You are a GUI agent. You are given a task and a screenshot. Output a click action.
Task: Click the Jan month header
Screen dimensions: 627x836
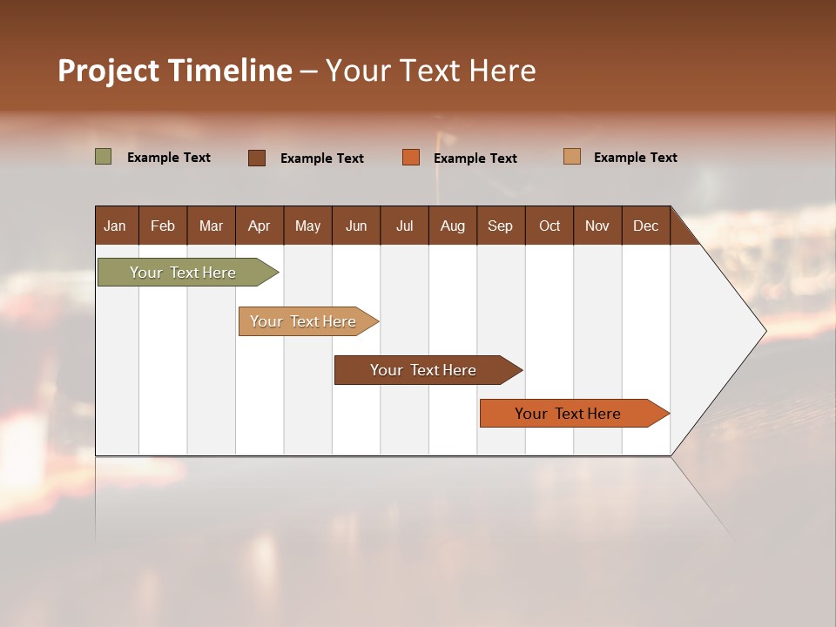pyautogui.click(x=115, y=226)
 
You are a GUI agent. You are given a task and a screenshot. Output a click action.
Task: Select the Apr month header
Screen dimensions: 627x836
pyautogui.click(x=259, y=226)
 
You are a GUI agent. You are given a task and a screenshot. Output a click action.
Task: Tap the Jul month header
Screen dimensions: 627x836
pyautogui.click(x=404, y=226)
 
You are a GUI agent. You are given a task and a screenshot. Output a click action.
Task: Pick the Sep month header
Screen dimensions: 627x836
pyautogui.click(x=500, y=226)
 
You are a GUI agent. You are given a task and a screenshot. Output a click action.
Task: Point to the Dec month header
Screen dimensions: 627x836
pyautogui.click(x=645, y=226)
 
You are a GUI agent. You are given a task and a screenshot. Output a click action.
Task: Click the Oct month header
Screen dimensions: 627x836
pyautogui.click(x=549, y=226)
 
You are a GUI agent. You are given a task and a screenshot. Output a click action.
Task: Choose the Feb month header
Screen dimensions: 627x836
pyautogui.click(x=163, y=226)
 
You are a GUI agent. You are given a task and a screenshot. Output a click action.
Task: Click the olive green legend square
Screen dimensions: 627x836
pyautogui.click(x=103, y=157)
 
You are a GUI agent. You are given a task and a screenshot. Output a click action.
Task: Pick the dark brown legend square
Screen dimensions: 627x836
pyautogui.click(x=256, y=158)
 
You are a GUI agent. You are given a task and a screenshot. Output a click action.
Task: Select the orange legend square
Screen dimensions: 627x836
pyautogui.click(x=411, y=157)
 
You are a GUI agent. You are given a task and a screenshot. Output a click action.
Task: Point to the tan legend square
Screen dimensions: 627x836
pyautogui.click(x=571, y=157)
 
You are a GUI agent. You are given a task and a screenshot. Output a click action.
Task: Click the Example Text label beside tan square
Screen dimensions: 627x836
pyautogui.click(x=635, y=158)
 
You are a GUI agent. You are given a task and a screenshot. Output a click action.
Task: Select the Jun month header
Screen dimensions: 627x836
pyautogui.click(x=356, y=226)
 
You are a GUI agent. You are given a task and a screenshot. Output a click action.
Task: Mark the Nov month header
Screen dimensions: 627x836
pyautogui.click(x=597, y=226)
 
